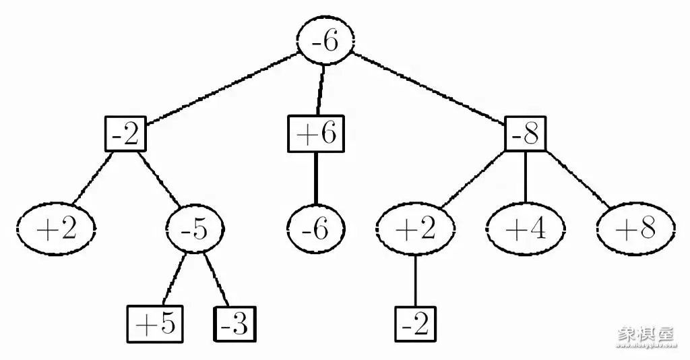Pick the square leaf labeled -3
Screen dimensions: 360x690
pos(235,324)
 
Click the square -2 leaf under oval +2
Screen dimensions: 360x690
pos(415,324)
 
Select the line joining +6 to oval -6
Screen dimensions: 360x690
pos(315,179)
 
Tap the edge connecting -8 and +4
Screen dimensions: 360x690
pos(525,177)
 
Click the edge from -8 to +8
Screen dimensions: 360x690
pos(580,179)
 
